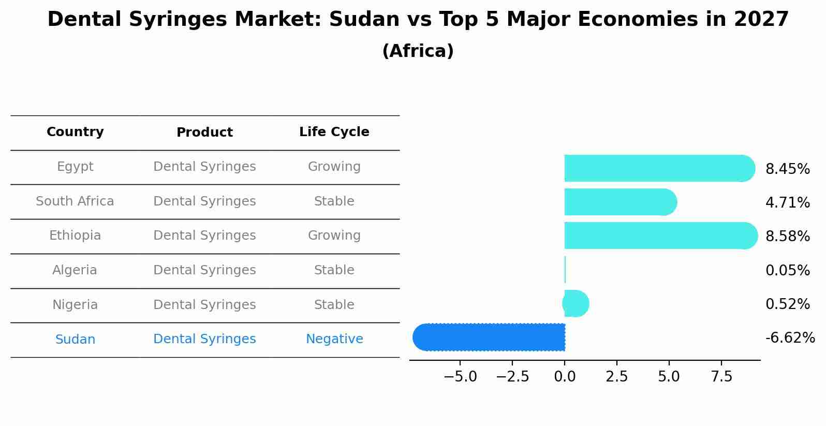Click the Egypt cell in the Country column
[75, 167]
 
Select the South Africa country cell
[75, 201]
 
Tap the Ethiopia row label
[75, 236]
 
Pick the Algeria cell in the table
[75, 270]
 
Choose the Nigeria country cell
[75, 305]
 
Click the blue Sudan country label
[75, 340]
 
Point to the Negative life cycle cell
[334, 339]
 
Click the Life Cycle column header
[334, 132]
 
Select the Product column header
[204, 133]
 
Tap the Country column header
[75, 132]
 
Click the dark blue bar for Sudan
[489, 337]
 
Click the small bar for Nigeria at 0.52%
[576, 303]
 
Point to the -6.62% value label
[790, 338]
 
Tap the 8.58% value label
[787, 237]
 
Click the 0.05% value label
[787, 270]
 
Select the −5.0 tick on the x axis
[460, 377]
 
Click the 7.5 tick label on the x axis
[721, 377]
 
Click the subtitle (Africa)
[418, 51]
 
